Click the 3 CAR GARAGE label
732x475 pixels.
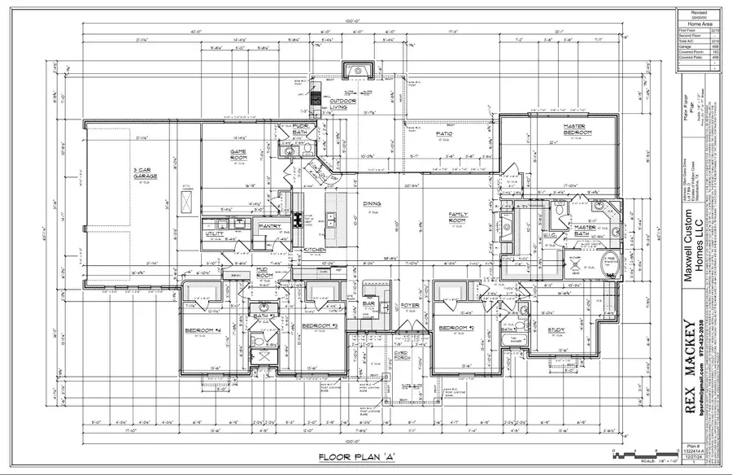click(x=146, y=173)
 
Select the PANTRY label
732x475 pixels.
click(x=269, y=226)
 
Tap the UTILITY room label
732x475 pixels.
click(x=215, y=233)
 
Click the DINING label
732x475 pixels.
click(x=373, y=205)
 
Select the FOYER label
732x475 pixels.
click(x=409, y=306)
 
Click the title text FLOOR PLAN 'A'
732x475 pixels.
click(x=355, y=457)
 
